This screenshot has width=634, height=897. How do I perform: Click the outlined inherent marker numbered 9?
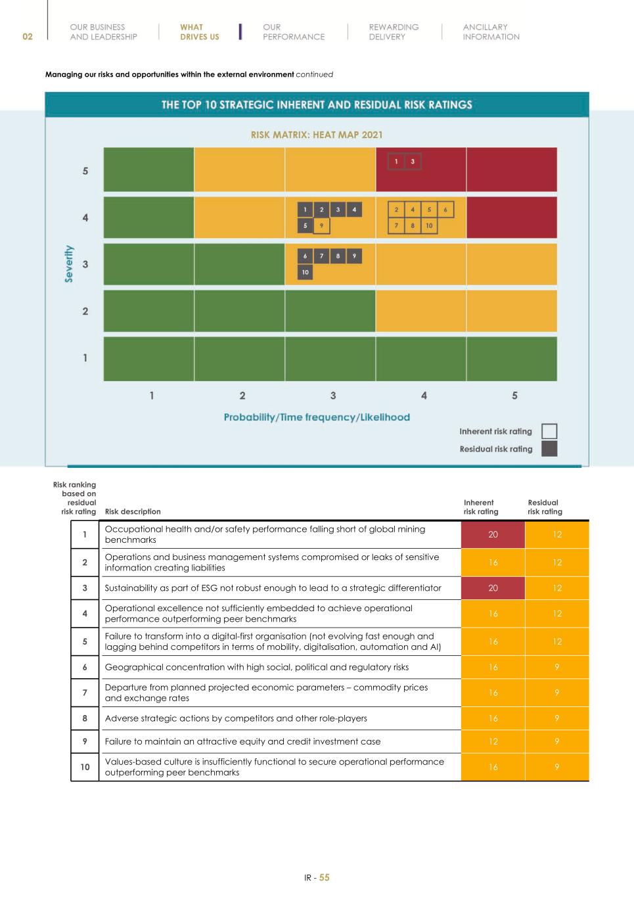click(321, 225)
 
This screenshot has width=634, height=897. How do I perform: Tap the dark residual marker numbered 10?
click(305, 272)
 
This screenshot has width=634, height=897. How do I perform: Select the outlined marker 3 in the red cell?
click(413, 162)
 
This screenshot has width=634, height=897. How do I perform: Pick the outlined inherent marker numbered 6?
click(445, 210)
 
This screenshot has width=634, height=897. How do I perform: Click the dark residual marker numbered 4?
click(353, 210)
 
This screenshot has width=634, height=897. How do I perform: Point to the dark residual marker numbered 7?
click(321, 256)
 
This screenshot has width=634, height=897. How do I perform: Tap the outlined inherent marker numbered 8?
click(413, 225)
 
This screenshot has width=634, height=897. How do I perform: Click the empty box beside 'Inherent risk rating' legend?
click(549, 431)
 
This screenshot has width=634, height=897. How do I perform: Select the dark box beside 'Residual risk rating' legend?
click(549, 449)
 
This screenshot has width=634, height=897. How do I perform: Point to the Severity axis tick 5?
click(85, 171)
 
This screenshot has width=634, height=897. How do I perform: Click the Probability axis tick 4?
click(424, 396)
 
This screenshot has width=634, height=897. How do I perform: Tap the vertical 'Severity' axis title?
click(69, 264)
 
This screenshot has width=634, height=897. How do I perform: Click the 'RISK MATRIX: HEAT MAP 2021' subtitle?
click(317, 135)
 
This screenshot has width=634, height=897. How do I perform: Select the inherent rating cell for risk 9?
click(493, 741)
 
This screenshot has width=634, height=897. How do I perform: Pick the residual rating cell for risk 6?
click(557, 667)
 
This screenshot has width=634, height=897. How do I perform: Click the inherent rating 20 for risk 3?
click(493, 588)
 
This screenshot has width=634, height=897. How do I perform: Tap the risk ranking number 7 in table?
click(85, 693)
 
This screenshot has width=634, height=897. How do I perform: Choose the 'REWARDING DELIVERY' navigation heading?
click(394, 32)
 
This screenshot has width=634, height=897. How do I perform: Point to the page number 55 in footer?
click(325, 878)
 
